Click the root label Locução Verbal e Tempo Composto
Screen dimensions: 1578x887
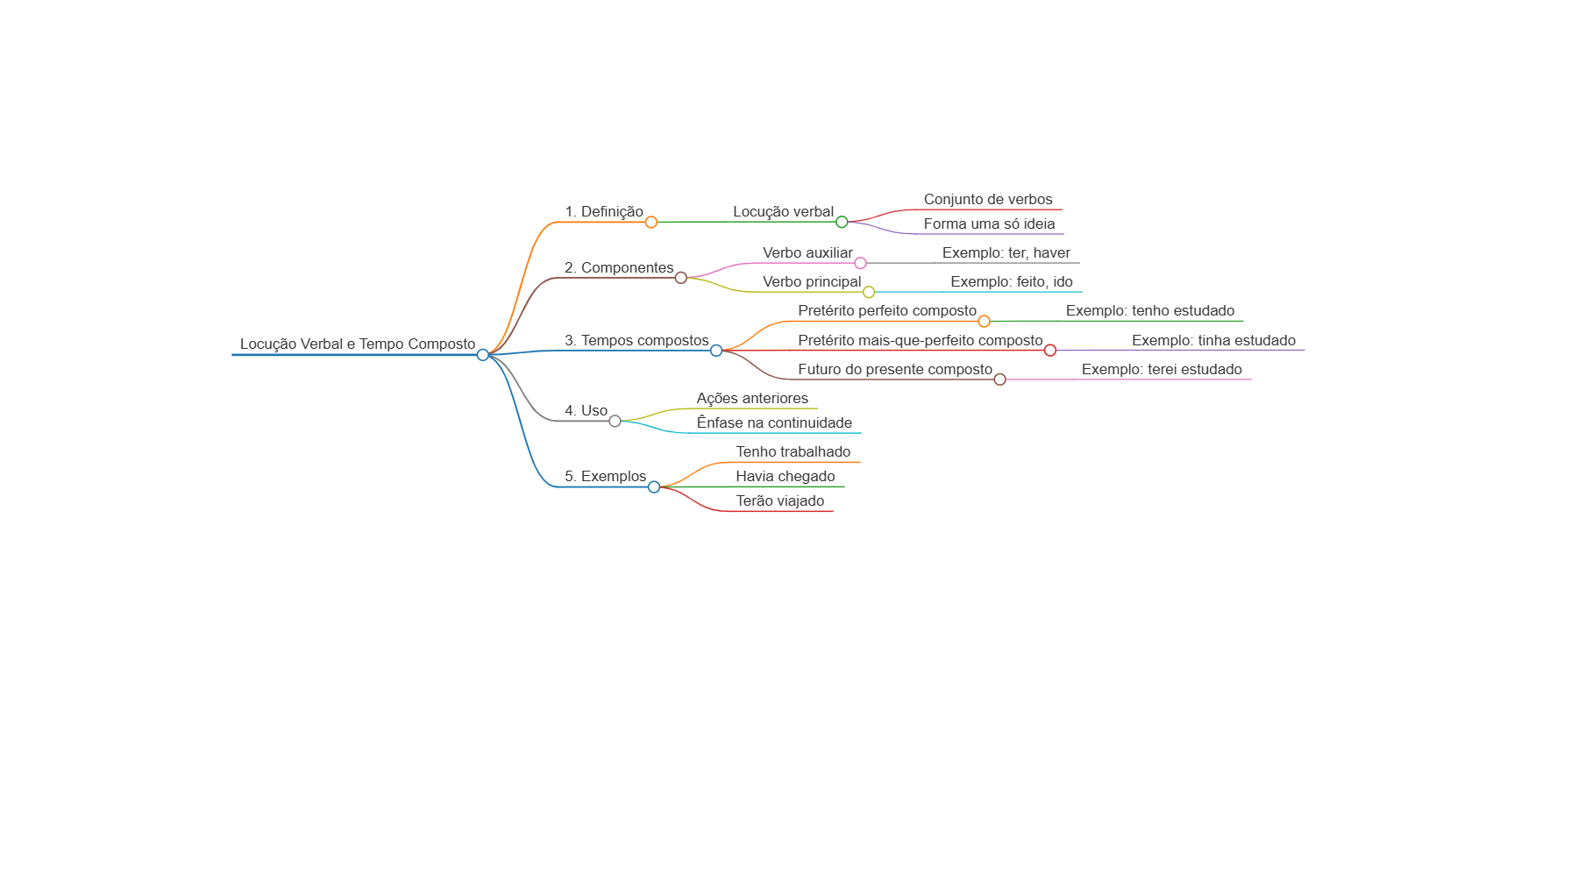358,344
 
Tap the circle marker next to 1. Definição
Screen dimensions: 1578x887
650,222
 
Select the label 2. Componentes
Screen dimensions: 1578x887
619,267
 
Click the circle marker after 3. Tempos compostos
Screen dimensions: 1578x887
716,351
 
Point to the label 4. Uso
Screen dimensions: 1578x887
586,410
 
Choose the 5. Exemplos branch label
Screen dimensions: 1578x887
605,476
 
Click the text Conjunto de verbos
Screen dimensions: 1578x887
988,199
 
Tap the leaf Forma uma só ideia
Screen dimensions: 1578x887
989,224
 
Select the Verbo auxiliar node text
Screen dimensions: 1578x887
807,252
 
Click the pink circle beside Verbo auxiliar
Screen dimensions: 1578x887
860,263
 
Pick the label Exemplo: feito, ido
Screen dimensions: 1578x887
1012,281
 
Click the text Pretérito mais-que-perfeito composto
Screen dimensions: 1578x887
920,340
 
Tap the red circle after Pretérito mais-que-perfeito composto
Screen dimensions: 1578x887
1050,351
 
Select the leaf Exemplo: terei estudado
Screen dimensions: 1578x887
1162,369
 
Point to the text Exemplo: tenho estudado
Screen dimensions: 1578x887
1150,310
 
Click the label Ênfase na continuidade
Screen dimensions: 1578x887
774,422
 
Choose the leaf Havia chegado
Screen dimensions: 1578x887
785,476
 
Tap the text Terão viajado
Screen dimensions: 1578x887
780,500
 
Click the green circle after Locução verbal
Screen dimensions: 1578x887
842,222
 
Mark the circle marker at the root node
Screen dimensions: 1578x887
483,355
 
